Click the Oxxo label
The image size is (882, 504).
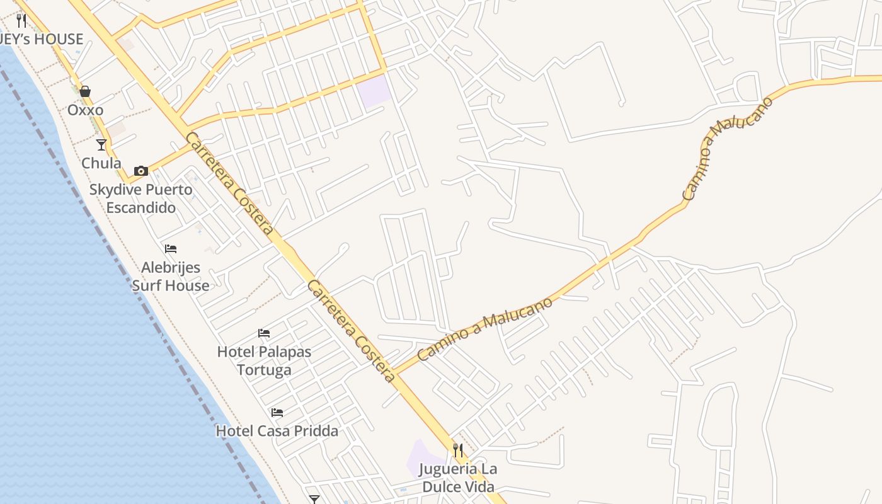coord(85,110)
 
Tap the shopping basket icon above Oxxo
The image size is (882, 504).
coord(85,92)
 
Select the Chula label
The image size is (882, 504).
coord(101,163)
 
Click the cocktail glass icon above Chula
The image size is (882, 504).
coord(101,145)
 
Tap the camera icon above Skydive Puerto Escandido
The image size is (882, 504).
coord(140,171)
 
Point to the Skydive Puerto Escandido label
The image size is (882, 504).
coord(140,198)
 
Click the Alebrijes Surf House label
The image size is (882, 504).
coord(170,276)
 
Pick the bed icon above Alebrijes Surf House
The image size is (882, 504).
coord(170,249)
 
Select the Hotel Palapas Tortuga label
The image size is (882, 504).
coord(264,360)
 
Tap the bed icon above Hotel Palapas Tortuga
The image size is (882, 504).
coord(264,333)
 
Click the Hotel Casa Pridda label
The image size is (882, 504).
coord(277,431)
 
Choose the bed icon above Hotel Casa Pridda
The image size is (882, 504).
coord(277,413)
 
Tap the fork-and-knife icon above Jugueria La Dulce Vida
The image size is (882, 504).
coord(458,450)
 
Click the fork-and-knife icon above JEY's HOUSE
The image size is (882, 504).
coord(21,21)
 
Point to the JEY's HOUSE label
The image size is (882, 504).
coord(42,39)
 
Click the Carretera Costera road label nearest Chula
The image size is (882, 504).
coord(229,183)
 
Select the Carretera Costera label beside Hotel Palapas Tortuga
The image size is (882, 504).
coord(352,331)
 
